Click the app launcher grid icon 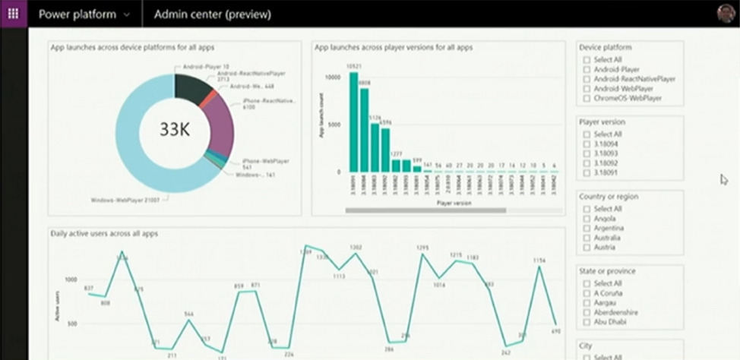click(x=13, y=14)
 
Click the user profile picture click(x=726, y=14)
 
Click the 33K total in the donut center click(x=174, y=129)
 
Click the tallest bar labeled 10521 click(x=353, y=122)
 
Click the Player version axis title click(x=453, y=203)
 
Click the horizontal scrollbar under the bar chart click(x=425, y=210)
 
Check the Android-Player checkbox click(x=586, y=69)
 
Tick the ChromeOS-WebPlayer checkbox click(x=586, y=98)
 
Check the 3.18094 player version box click(x=586, y=144)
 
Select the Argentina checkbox click(x=586, y=228)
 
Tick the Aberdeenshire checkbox click(x=586, y=312)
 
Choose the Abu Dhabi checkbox click(x=586, y=322)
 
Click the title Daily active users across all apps click(x=104, y=233)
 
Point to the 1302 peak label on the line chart click(x=356, y=248)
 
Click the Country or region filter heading click(x=609, y=197)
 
